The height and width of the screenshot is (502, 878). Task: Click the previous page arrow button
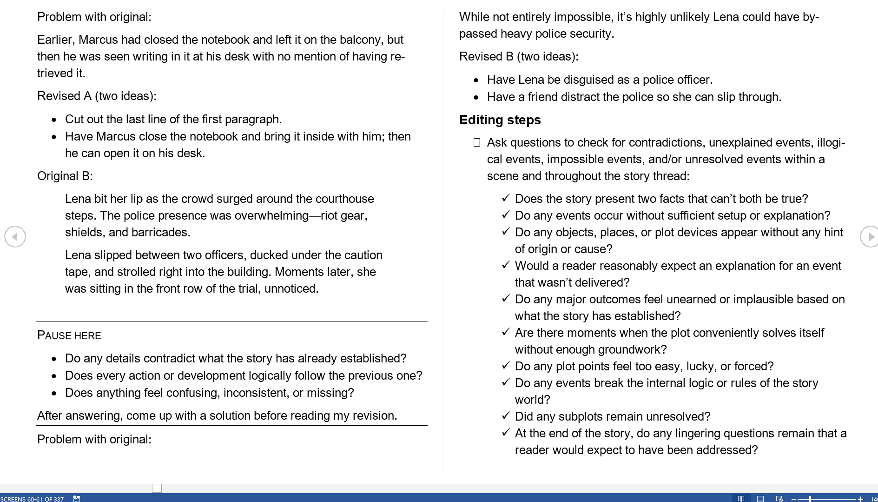(15, 237)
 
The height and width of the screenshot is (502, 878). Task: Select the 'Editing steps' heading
(500, 120)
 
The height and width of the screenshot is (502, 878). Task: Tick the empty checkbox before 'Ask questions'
(476, 142)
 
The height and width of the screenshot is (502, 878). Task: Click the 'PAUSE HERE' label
(69, 336)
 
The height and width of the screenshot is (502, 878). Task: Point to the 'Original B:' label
(65, 176)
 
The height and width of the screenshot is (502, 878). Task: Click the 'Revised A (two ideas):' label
(97, 96)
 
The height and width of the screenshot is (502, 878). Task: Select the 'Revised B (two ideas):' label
(519, 57)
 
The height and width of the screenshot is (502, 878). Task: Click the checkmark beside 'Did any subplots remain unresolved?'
(506, 416)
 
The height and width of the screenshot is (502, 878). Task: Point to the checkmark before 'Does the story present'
(506, 199)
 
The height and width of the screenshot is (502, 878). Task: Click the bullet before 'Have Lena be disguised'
(476, 80)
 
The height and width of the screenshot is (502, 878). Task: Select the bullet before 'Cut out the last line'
(54, 120)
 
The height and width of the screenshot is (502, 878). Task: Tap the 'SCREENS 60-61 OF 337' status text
(32, 499)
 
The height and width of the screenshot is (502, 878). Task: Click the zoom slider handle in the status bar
(810, 499)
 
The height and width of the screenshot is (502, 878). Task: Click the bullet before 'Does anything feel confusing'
(54, 394)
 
